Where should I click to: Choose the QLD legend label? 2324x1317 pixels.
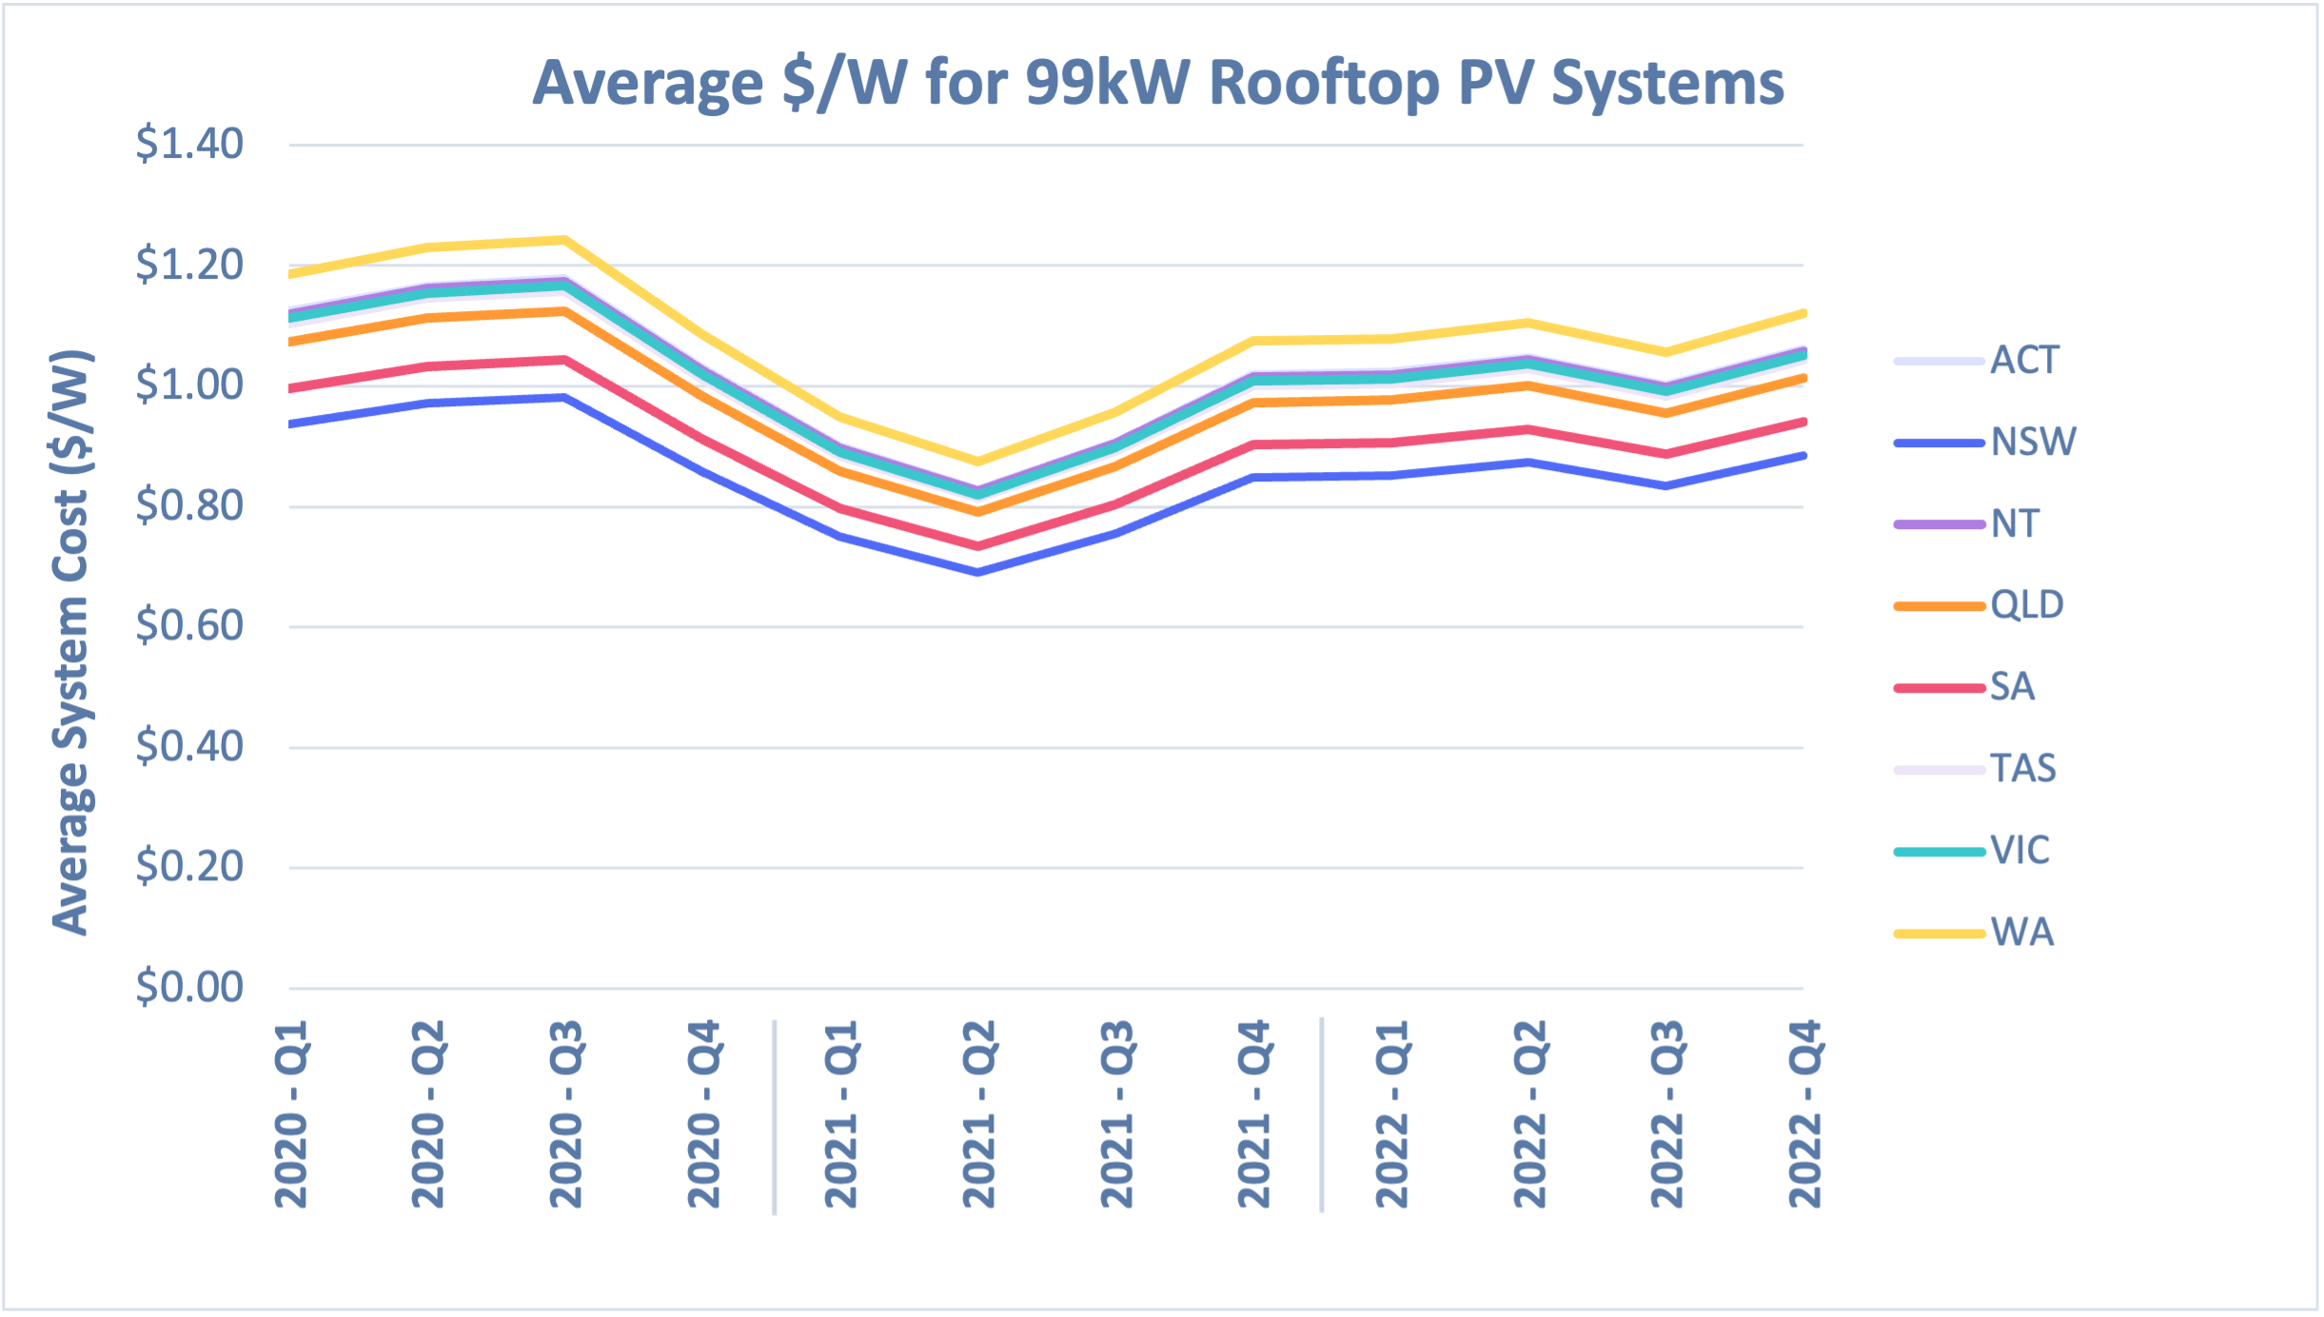coord(2026,605)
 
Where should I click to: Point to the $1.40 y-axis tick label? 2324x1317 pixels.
coord(189,145)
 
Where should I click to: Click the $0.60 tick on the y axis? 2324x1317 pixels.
coord(189,626)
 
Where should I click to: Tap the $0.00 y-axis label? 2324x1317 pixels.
coord(189,988)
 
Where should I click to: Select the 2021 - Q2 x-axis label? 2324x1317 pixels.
coord(979,1113)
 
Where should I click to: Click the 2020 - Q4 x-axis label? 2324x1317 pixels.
coord(704,1113)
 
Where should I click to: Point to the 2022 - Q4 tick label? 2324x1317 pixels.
coord(1804,1113)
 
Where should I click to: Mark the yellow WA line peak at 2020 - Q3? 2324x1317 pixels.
coord(565,240)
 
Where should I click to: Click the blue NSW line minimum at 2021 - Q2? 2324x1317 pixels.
coord(978,572)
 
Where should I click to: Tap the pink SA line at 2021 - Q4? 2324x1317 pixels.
coord(1254,444)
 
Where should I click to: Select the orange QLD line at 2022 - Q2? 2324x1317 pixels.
coord(1529,385)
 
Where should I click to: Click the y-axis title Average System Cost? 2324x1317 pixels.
coord(71,642)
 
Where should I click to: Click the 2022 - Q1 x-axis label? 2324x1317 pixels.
coord(1392,1113)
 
